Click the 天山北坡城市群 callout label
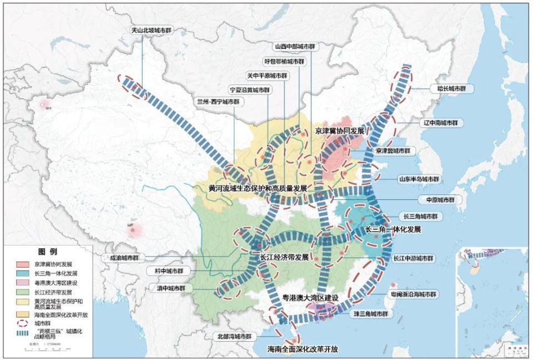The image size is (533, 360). tap(142, 30)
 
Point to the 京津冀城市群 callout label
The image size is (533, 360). tap(394, 151)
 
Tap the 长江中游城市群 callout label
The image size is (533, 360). tap(414, 258)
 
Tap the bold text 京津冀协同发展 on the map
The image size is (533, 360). tap(339, 131)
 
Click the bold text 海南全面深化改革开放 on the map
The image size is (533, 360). tap(303, 349)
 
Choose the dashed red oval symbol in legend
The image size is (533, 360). tap(21, 323)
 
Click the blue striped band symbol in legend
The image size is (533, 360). tap(21, 333)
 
